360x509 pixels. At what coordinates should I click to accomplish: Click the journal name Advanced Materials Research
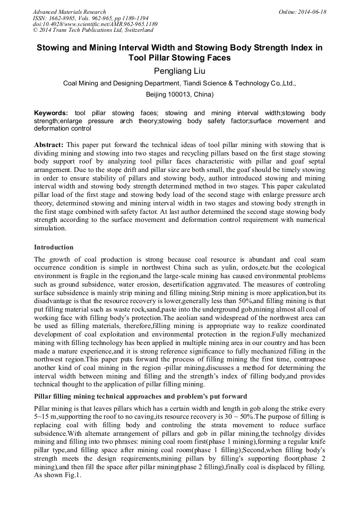pyautogui.click(x=69, y=12)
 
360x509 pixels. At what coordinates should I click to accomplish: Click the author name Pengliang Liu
pyautogui.click(x=179, y=71)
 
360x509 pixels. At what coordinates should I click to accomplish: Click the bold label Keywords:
pyautogui.click(x=51, y=113)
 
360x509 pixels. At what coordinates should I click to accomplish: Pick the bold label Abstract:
pyautogui.click(x=49, y=144)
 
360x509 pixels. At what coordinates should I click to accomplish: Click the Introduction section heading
pyautogui.click(x=54, y=247)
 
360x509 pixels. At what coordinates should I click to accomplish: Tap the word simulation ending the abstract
pyautogui.click(x=50, y=228)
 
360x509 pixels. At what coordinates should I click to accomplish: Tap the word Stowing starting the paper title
pyautogui.click(x=55, y=47)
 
